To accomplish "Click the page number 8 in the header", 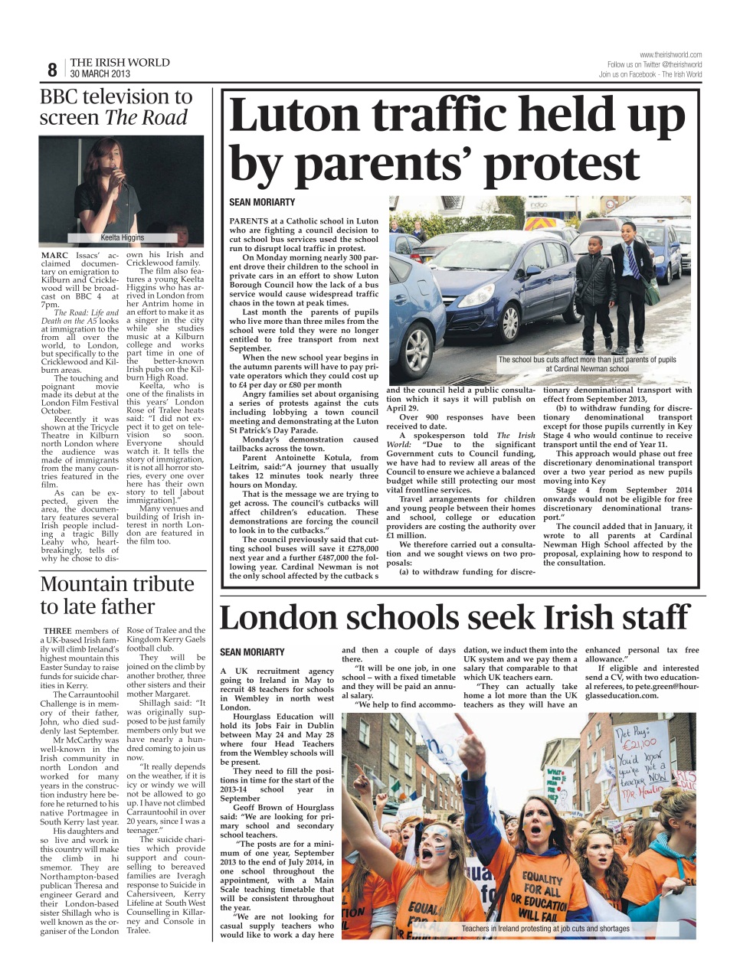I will pyautogui.click(x=52, y=70).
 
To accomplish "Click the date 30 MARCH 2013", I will pyautogui.click(x=100, y=74).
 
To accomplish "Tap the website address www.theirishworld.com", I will pyautogui.click(x=670, y=55).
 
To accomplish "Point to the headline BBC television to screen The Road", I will pyautogui.click(x=115, y=107).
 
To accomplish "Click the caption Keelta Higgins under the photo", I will pyautogui.click(x=123, y=237).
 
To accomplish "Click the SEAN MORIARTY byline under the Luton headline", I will pyautogui.click(x=262, y=202).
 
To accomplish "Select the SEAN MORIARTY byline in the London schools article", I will pyautogui.click(x=252, y=652).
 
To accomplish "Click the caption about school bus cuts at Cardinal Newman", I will pyautogui.click(x=587, y=364).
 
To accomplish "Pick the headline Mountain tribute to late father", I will pyautogui.click(x=116, y=595).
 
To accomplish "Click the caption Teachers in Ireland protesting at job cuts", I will pyautogui.click(x=545, y=929).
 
